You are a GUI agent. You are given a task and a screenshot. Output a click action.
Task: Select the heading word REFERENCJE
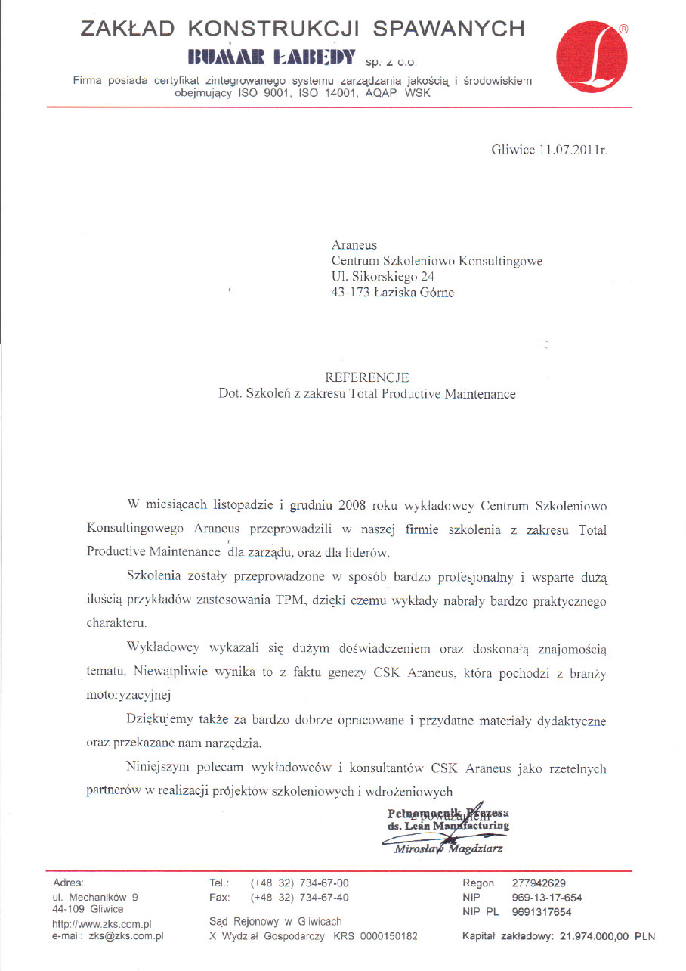pyautogui.click(x=366, y=377)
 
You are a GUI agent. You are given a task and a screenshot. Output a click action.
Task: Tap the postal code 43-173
pyautogui.click(x=349, y=292)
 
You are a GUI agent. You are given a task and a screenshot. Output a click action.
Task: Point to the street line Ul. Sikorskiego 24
pyautogui.click(x=383, y=276)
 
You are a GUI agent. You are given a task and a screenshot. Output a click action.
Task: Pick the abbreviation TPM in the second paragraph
pyautogui.click(x=338, y=601)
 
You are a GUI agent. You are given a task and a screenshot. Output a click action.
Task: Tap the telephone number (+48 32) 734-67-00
pyautogui.click(x=299, y=883)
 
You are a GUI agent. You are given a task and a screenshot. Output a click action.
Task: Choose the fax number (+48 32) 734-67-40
pyautogui.click(x=299, y=897)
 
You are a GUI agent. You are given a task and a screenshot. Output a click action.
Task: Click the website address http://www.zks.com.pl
pyautogui.click(x=102, y=923)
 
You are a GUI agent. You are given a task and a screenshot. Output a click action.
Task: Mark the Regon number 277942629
pyautogui.click(x=539, y=883)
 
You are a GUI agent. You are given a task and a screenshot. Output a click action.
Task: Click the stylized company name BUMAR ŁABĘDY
pyautogui.click(x=271, y=57)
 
